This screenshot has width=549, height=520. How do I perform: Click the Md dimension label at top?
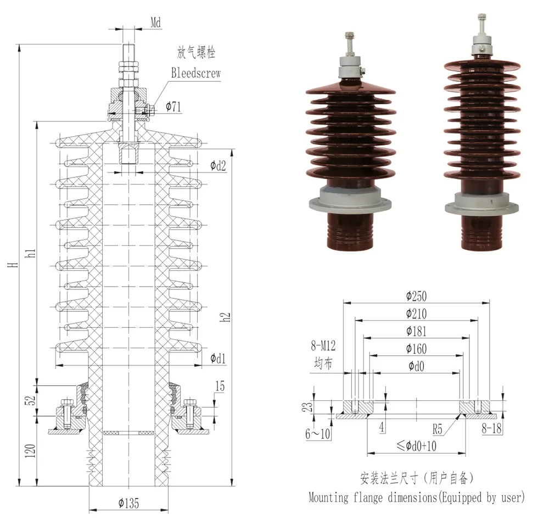156,23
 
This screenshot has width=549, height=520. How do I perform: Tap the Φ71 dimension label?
172,107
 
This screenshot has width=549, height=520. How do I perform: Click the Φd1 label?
218,359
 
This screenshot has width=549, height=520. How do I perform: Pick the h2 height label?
225,317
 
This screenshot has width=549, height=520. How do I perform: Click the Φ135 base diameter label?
128,502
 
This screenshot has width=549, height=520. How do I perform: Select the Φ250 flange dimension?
416,297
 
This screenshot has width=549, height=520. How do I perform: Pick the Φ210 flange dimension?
416,314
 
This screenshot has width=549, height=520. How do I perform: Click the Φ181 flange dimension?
416,332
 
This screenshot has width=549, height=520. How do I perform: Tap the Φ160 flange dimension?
416,349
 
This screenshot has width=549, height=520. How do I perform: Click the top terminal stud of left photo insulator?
349,41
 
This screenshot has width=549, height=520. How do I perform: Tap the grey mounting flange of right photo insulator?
481,208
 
